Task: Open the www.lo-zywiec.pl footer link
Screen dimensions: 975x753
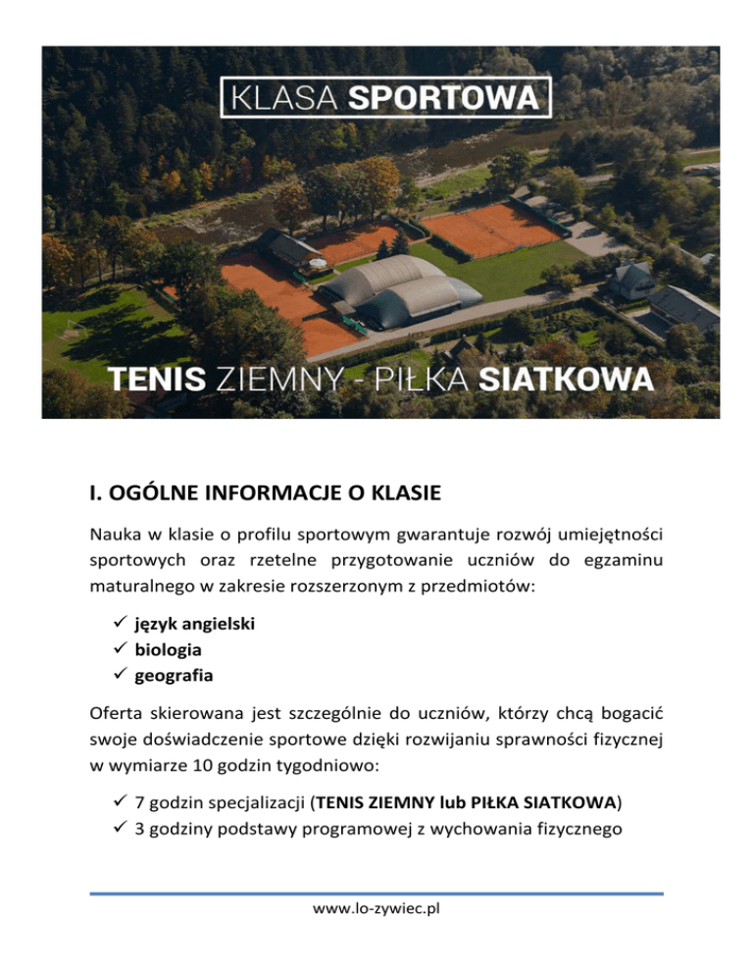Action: [x=376, y=908]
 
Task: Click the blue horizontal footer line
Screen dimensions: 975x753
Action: [x=376, y=894]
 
